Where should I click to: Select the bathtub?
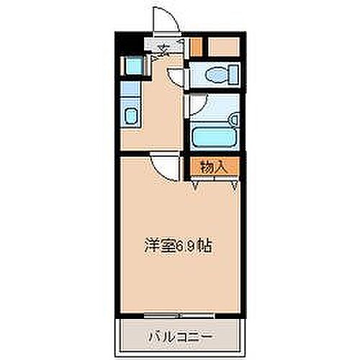(x=214, y=137)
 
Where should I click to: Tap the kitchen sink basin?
(x=130, y=116)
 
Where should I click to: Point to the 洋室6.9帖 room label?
(x=176, y=245)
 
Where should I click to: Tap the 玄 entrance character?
(x=164, y=50)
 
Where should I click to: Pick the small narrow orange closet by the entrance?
(x=196, y=46)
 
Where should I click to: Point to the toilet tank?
(x=232, y=75)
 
